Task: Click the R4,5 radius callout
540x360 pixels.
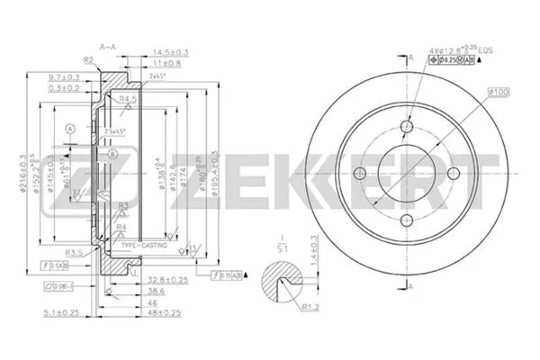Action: tap(127, 99)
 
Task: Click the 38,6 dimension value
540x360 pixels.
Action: tap(156, 292)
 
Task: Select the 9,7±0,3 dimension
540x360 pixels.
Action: tap(63, 77)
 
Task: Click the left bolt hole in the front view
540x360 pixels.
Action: tap(360, 175)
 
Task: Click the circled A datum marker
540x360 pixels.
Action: tap(69, 130)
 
